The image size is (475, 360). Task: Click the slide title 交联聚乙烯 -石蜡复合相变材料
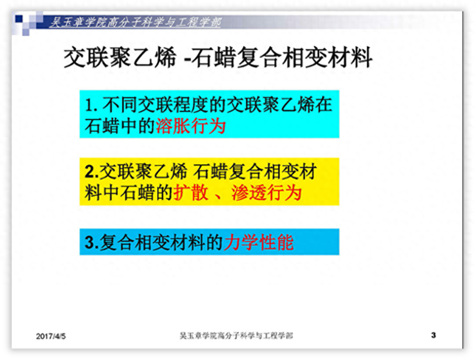218,59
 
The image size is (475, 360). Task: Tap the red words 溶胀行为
191,126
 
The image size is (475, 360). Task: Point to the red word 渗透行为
266,193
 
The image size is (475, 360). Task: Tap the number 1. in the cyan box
90,105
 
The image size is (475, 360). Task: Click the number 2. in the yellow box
91,172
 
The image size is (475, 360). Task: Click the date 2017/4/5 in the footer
51,336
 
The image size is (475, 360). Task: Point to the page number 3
433,335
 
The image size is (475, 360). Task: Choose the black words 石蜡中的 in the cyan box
120,126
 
